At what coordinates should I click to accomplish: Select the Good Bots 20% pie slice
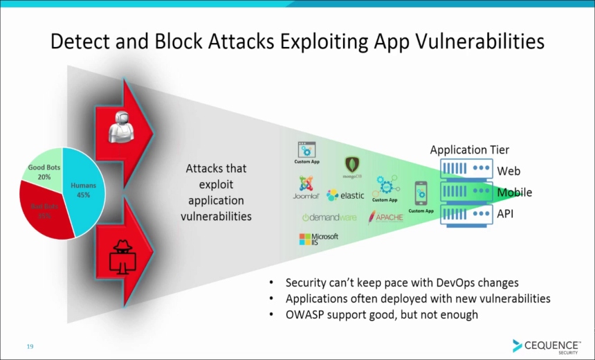tap(39, 173)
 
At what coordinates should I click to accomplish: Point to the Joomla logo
tap(305, 188)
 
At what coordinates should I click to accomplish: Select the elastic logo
tap(345, 195)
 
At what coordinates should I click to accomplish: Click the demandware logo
tap(329, 217)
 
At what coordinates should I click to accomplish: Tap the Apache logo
tap(385, 217)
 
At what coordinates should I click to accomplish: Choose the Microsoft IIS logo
tap(318, 240)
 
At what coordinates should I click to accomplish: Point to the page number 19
tap(30, 346)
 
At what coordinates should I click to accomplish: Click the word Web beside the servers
tap(509, 171)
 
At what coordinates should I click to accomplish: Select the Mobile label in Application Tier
tap(514, 192)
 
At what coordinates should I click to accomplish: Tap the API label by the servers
tap(505, 214)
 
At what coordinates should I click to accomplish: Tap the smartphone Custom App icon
tap(421, 193)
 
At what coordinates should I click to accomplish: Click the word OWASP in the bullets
tap(306, 315)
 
